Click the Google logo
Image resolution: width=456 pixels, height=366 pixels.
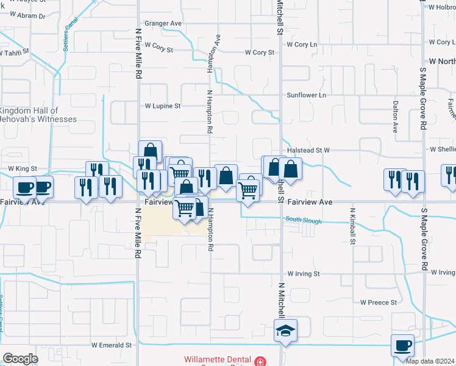coord(20,359)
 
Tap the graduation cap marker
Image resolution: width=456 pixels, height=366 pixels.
coord(285,331)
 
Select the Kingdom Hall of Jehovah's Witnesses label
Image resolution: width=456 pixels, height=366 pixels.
coord(38,115)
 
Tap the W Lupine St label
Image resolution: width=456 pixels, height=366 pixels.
coord(162,106)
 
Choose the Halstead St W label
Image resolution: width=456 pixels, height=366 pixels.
coord(308,150)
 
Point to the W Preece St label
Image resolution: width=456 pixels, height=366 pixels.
coord(379,302)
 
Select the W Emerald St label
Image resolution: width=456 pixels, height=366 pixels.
coord(112,345)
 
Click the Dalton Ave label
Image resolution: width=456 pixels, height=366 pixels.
coord(395,117)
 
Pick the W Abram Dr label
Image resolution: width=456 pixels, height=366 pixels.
coord(23,16)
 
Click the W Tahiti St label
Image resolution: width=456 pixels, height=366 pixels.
coord(14,52)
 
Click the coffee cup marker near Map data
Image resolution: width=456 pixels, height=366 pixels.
coord(402,346)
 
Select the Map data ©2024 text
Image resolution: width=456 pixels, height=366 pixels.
coord(430,361)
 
